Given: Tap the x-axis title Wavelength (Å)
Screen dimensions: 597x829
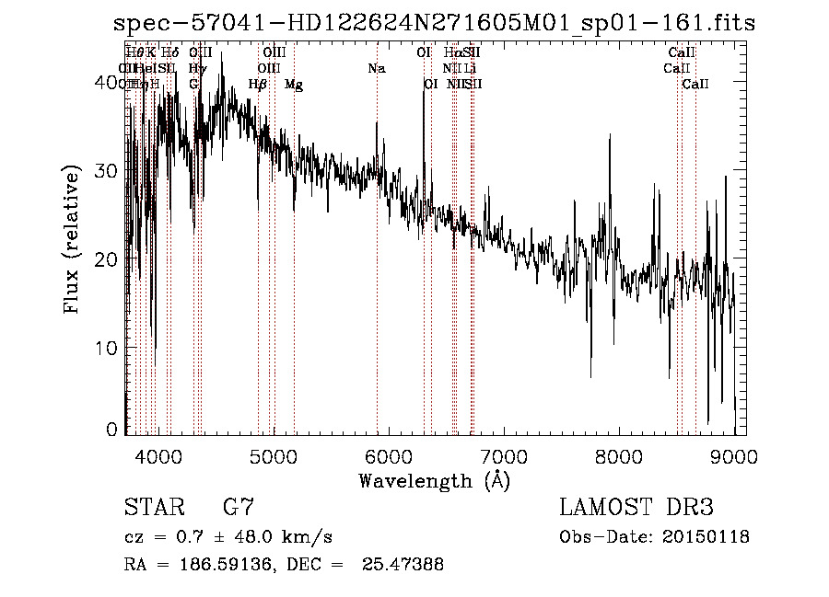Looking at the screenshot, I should click(434, 480).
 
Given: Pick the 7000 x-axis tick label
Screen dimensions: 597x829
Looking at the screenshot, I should click(503, 456).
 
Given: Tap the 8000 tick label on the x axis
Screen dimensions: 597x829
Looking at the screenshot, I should click(618, 456).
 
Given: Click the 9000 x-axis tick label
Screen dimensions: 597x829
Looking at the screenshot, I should click(733, 456).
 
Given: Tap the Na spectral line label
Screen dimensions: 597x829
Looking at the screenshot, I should click(376, 69).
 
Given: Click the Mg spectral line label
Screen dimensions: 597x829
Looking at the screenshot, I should click(294, 85).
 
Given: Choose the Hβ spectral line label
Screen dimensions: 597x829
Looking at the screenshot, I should click(258, 85).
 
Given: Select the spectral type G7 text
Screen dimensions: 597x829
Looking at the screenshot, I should click(238, 508).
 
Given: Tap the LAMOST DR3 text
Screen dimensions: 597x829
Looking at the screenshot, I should click(636, 508).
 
